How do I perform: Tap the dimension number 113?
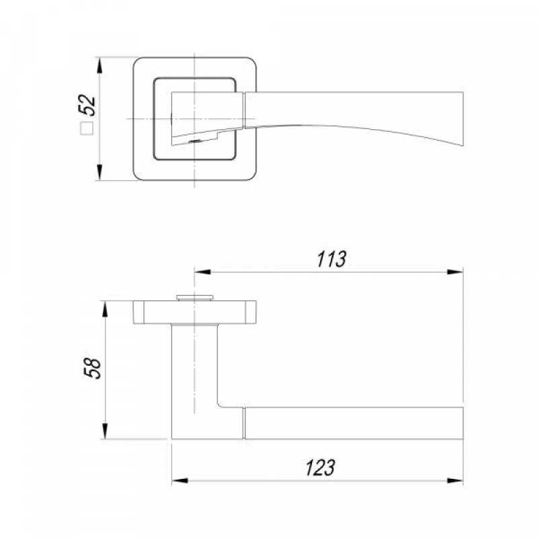pos(331,260)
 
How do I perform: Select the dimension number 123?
pos(320,467)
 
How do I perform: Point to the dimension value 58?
pos(93,369)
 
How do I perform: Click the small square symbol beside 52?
pos(87,128)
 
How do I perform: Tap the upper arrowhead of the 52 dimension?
pos(100,65)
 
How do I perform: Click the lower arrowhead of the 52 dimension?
pos(100,172)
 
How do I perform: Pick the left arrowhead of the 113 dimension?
pos(202,272)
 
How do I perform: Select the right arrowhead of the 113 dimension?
pos(455,272)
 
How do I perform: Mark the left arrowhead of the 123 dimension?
pos(180,480)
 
